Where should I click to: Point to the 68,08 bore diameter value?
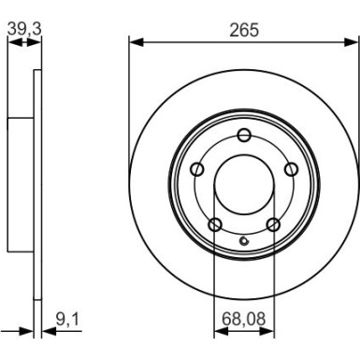click(243, 319)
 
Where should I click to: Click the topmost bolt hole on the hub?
click(243, 135)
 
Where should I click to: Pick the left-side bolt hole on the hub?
click(197, 169)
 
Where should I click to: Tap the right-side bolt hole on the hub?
click(290, 169)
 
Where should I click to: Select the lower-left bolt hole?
click(214, 223)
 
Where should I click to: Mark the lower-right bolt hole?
click(273, 223)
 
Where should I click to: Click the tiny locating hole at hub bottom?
click(244, 246)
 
